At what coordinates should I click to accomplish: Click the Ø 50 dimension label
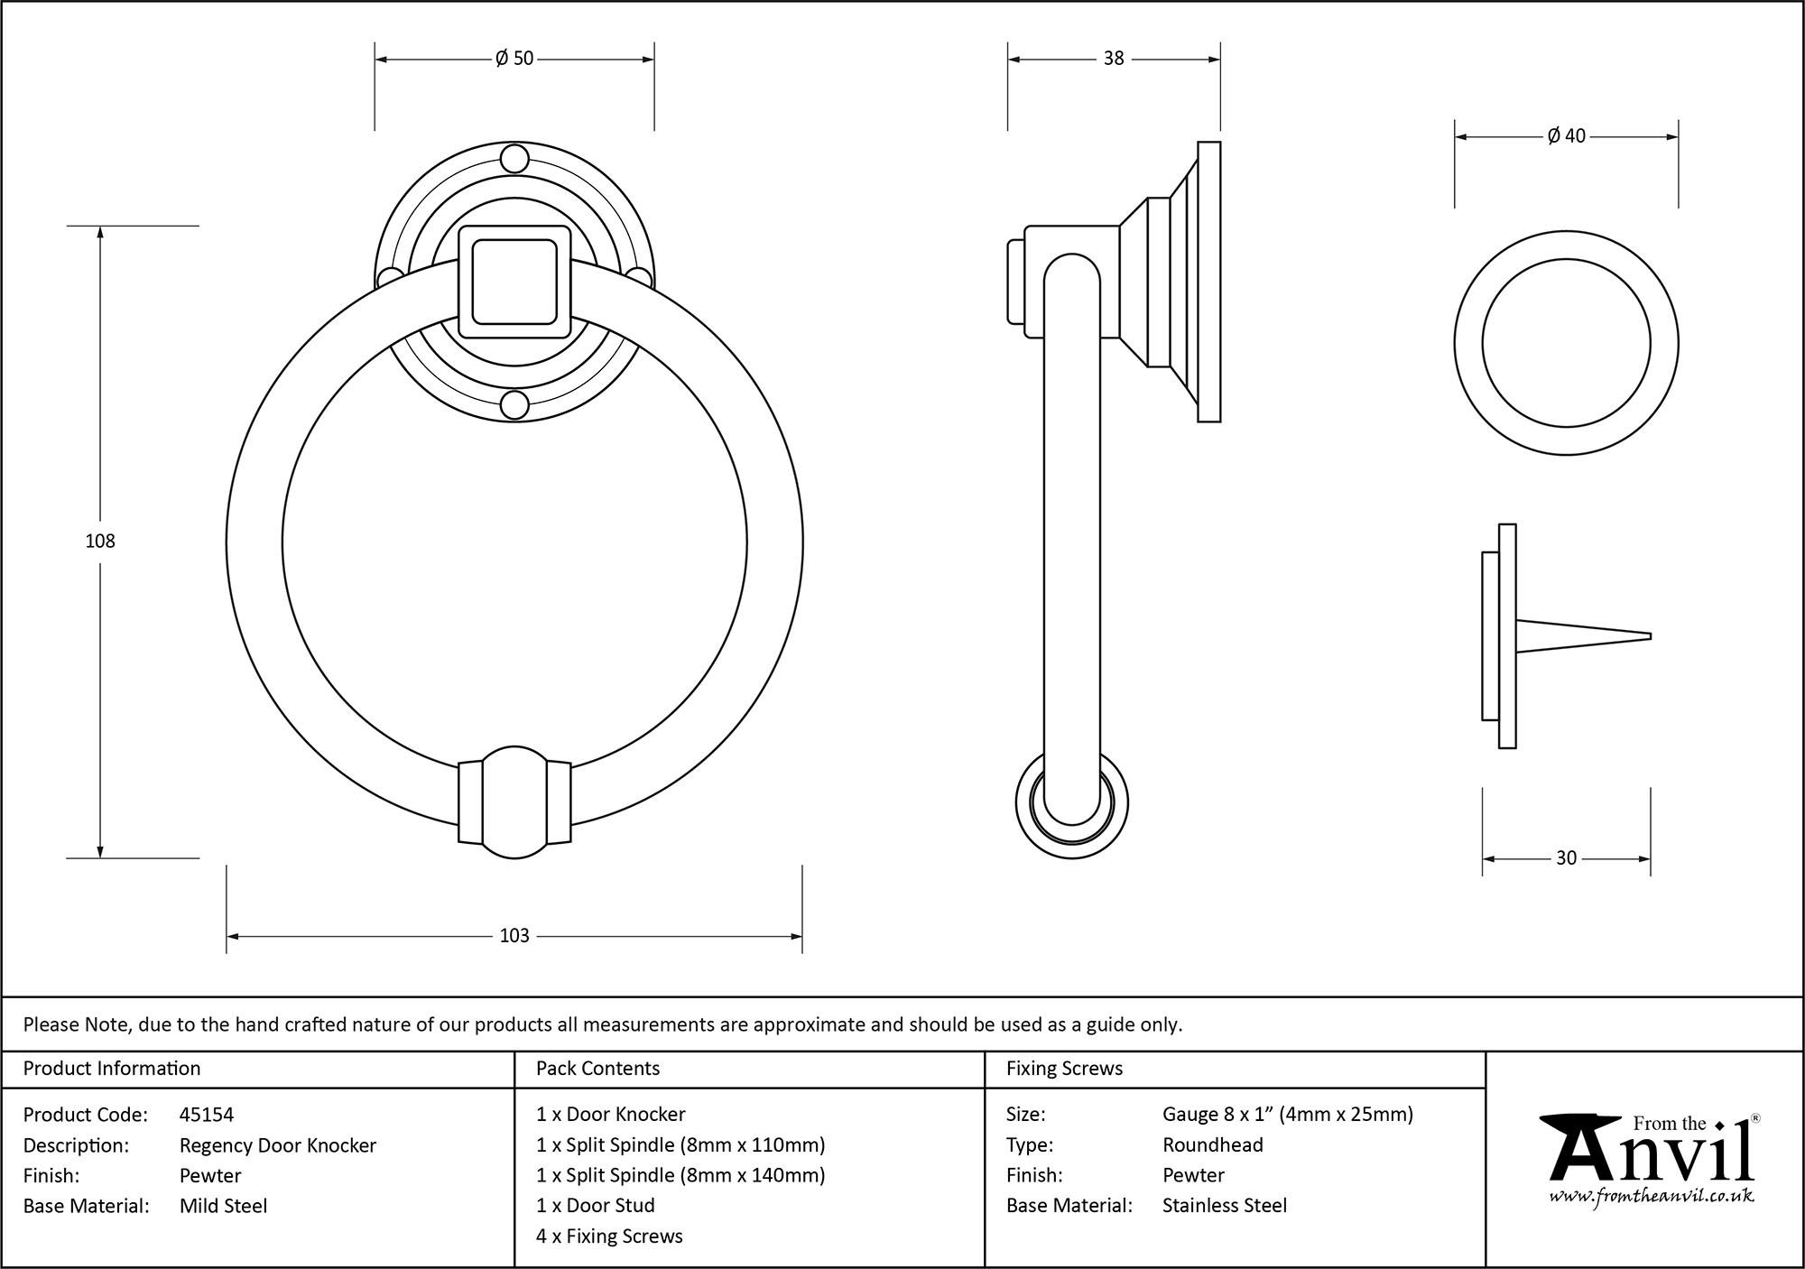[514, 59]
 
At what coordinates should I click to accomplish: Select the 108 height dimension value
[100, 541]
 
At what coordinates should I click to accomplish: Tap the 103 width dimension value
[514, 936]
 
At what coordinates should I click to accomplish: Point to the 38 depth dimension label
[1114, 59]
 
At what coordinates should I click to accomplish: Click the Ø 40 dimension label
[1566, 136]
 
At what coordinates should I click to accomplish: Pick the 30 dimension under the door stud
[1566, 858]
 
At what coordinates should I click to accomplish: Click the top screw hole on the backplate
[514, 159]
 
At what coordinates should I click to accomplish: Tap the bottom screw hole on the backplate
[514, 405]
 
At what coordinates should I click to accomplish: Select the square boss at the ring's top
[514, 282]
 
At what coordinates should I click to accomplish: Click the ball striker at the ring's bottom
[514, 802]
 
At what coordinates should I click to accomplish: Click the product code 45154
[207, 1115]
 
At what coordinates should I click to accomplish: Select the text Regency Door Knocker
[278, 1145]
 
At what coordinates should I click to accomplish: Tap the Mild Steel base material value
[224, 1206]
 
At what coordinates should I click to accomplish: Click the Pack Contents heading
[597, 1069]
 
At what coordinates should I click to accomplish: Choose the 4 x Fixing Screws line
[609, 1237]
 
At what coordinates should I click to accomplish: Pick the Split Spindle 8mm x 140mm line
[680, 1175]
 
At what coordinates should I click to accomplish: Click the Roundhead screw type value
[1212, 1145]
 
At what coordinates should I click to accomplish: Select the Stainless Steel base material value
[1225, 1206]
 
